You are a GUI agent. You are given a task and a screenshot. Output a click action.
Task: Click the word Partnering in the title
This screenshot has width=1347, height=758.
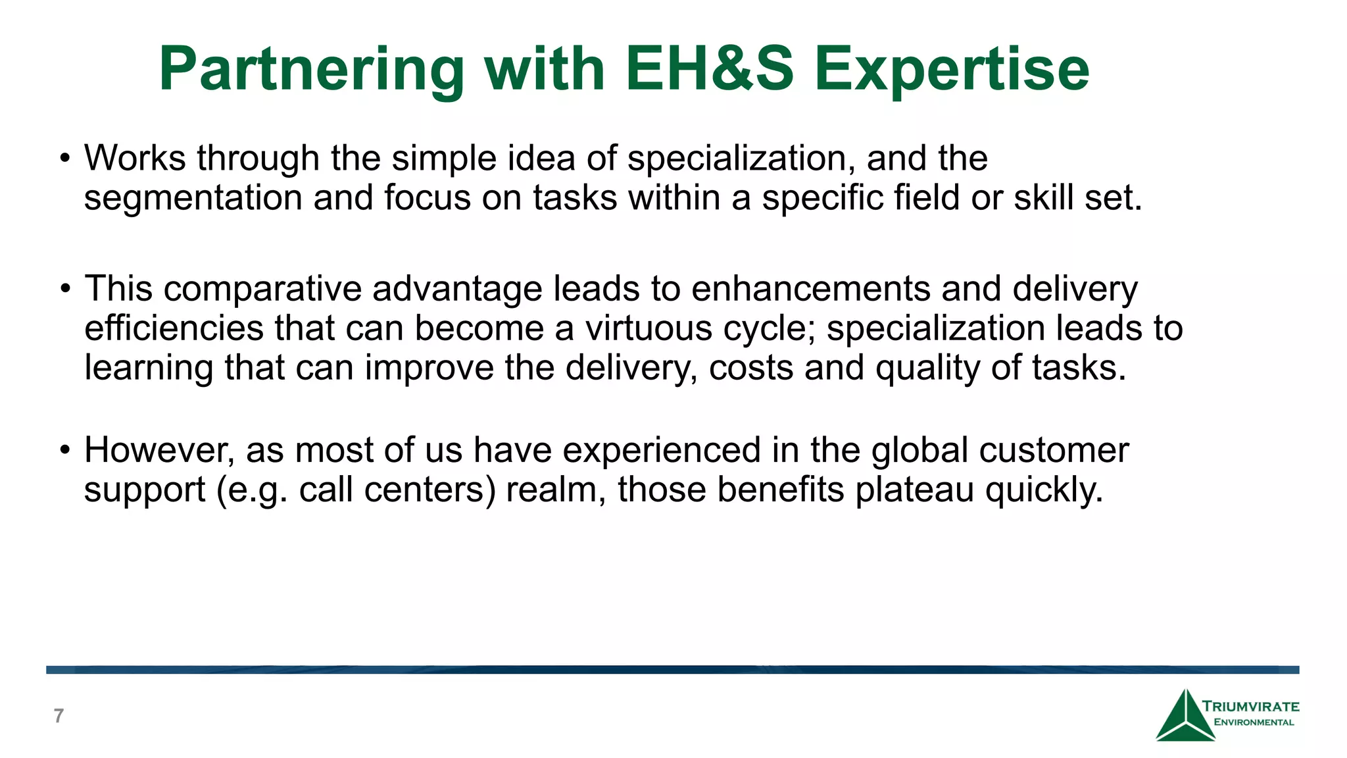pos(311,70)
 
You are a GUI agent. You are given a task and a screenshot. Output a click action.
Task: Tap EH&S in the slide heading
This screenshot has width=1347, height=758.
pos(709,69)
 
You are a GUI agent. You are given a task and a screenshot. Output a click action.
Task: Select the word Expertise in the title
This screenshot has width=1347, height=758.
pos(952,70)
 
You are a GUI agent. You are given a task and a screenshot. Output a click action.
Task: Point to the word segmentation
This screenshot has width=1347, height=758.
pos(193,199)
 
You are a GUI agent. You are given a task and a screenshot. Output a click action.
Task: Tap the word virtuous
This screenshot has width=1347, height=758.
pos(649,328)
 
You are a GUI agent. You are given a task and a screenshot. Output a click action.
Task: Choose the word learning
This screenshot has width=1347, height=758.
pos(149,368)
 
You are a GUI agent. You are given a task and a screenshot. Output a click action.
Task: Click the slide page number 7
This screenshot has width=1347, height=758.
pos(59,716)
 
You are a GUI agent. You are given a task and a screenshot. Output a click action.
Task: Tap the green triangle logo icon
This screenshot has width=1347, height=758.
pos(1185,717)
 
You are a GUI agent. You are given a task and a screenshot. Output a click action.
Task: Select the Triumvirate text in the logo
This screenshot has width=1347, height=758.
pos(1250,707)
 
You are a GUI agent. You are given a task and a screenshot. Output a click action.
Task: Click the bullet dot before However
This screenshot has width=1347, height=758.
pos(64,451)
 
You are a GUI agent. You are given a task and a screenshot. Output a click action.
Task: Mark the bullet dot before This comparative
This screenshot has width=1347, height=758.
pos(64,290)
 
